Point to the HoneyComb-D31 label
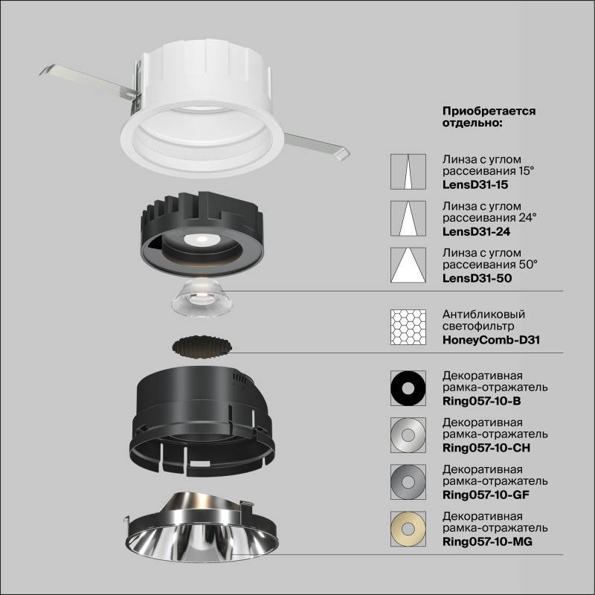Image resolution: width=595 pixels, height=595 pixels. click(x=491, y=340)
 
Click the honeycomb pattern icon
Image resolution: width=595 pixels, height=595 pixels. click(x=408, y=327)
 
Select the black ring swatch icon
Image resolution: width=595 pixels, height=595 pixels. click(x=408, y=388)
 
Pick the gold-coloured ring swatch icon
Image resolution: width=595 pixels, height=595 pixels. click(x=408, y=527)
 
